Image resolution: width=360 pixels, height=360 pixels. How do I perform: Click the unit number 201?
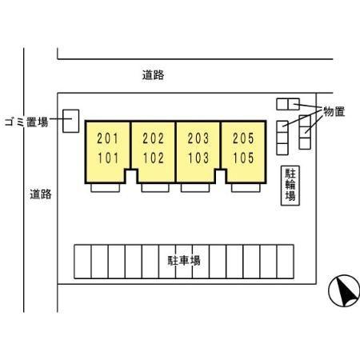point(107,138)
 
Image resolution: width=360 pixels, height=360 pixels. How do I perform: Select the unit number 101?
point(108,158)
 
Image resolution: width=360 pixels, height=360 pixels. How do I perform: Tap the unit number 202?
point(153,138)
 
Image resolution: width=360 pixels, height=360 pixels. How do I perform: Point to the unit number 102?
point(154,158)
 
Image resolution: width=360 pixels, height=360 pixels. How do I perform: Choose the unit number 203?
point(198,138)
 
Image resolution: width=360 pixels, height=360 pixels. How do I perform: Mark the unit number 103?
point(198,158)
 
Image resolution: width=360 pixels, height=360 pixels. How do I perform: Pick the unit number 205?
point(243,138)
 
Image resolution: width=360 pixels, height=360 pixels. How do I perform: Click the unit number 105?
point(244,158)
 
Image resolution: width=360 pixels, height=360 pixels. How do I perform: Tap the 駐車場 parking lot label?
point(184,261)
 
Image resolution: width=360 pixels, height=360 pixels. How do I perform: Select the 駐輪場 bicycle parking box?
point(290,186)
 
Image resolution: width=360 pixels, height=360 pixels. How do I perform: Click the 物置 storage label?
point(334,111)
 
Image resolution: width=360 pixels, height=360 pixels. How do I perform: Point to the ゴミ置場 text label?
point(26,122)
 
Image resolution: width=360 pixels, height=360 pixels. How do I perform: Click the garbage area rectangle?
point(71,121)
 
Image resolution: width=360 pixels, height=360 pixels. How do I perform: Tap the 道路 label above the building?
point(153,75)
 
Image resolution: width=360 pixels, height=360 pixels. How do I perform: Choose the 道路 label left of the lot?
point(41,194)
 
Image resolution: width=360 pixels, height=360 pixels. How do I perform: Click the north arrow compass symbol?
point(344,291)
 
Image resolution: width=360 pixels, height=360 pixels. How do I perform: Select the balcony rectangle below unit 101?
point(105,188)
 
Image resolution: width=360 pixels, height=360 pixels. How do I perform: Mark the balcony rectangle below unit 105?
point(246,188)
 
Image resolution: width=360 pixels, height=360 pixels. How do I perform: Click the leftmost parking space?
point(82,262)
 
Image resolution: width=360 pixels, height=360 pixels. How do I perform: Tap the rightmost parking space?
point(286,262)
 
